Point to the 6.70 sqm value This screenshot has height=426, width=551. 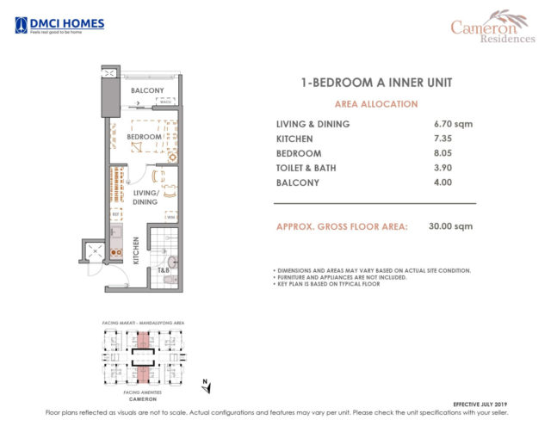(454, 124)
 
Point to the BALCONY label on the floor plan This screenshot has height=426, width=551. (147, 90)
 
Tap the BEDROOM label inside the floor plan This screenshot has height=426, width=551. (144, 137)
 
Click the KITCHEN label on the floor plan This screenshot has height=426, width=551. (135, 250)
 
